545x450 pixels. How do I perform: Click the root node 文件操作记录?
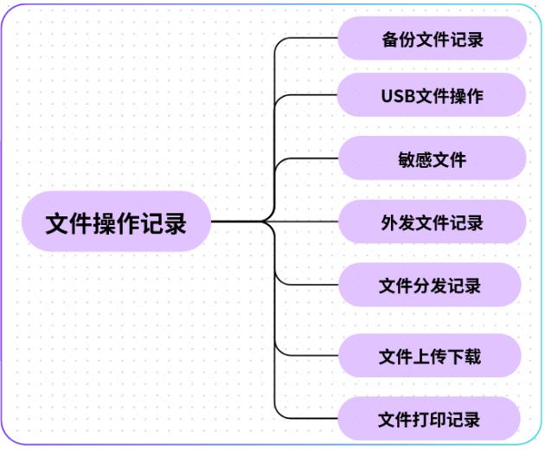(x=115, y=222)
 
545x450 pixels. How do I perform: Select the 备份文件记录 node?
(x=432, y=39)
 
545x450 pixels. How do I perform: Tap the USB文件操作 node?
(x=432, y=95)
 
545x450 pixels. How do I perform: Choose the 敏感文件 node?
(x=432, y=159)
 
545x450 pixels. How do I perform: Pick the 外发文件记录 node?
(x=432, y=222)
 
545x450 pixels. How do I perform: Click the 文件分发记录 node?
(x=430, y=286)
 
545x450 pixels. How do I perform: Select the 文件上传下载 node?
(x=430, y=356)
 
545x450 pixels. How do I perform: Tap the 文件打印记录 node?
(x=430, y=420)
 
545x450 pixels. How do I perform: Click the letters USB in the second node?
(x=398, y=95)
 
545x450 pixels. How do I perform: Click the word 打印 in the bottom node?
(x=430, y=420)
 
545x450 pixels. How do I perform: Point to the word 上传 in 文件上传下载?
(x=430, y=356)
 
